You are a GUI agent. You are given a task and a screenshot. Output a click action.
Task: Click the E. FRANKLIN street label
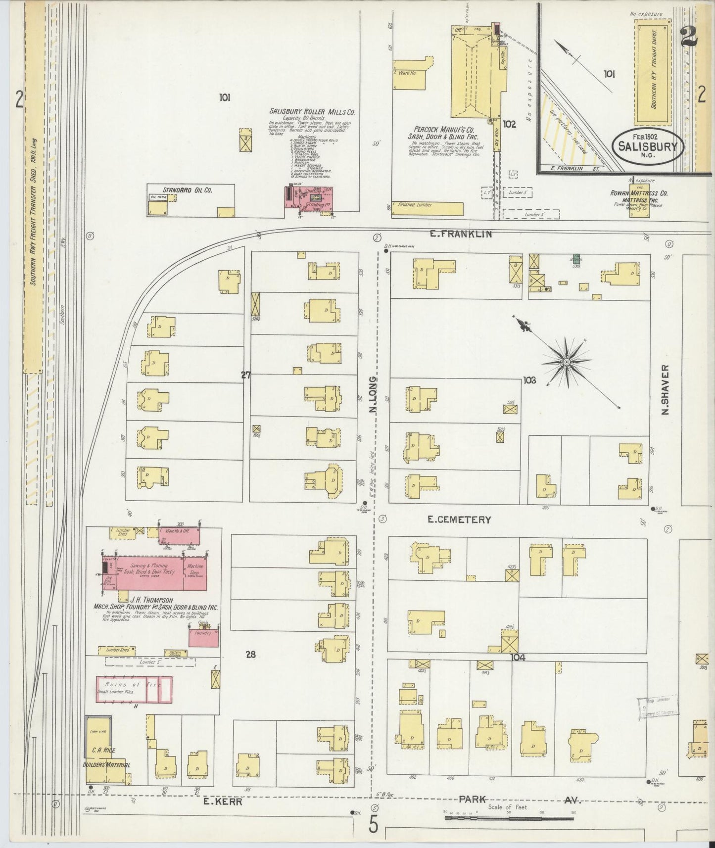(x=460, y=234)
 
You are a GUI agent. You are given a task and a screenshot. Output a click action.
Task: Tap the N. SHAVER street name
(x=666, y=390)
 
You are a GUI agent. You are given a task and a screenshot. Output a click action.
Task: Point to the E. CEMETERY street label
(x=459, y=519)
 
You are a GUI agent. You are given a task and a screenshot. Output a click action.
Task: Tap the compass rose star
(x=566, y=362)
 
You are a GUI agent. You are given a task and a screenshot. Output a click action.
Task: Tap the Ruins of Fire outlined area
(x=134, y=689)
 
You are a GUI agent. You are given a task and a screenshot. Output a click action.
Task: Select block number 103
(x=529, y=380)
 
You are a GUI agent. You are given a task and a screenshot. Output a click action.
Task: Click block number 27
(x=246, y=375)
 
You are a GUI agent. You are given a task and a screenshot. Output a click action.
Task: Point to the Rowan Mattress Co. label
(x=639, y=193)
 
